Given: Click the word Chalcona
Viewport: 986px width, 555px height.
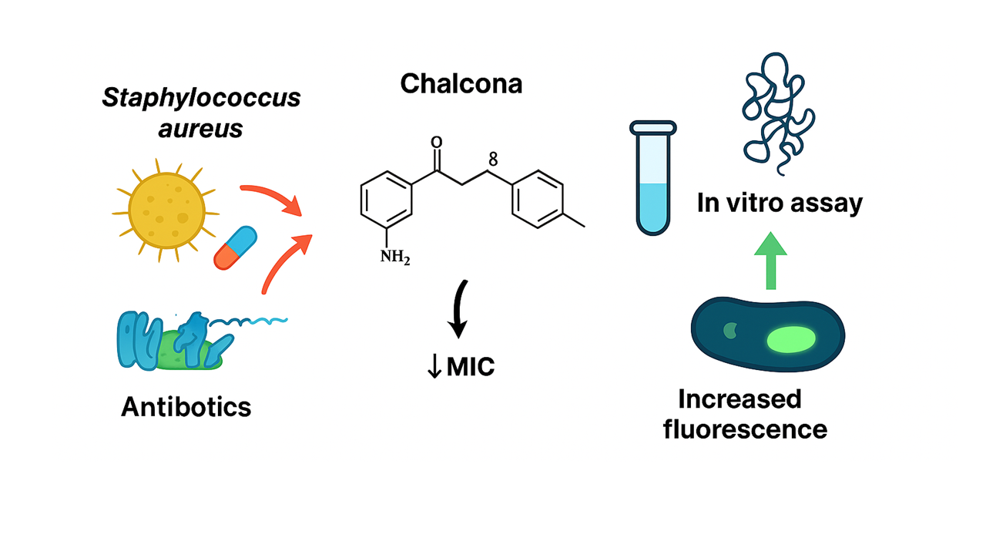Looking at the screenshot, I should tap(461, 83).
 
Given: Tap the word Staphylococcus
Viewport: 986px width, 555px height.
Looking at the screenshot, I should tap(202, 99).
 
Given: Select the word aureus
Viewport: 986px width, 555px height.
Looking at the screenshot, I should tap(200, 128).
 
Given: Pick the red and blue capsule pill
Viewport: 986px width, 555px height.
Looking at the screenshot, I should tap(235, 247).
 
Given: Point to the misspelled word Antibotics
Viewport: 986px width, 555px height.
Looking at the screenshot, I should tap(186, 406).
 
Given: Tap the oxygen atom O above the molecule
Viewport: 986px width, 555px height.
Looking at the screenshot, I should tap(437, 143).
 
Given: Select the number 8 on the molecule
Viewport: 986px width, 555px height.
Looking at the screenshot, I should tap(493, 160).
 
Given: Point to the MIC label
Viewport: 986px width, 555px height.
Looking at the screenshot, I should tap(470, 367).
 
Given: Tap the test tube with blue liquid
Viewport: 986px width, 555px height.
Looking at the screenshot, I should tap(653, 177).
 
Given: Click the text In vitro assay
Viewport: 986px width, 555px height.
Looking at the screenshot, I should tap(780, 203).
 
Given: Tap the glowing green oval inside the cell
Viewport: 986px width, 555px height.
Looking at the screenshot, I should tap(791, 339).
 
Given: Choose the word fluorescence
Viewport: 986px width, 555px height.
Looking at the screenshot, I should tap(745, 428).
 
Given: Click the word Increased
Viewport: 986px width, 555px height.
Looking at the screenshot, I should tap(739, 399).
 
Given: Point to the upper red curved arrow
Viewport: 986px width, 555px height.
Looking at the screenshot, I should tap(270, 199).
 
